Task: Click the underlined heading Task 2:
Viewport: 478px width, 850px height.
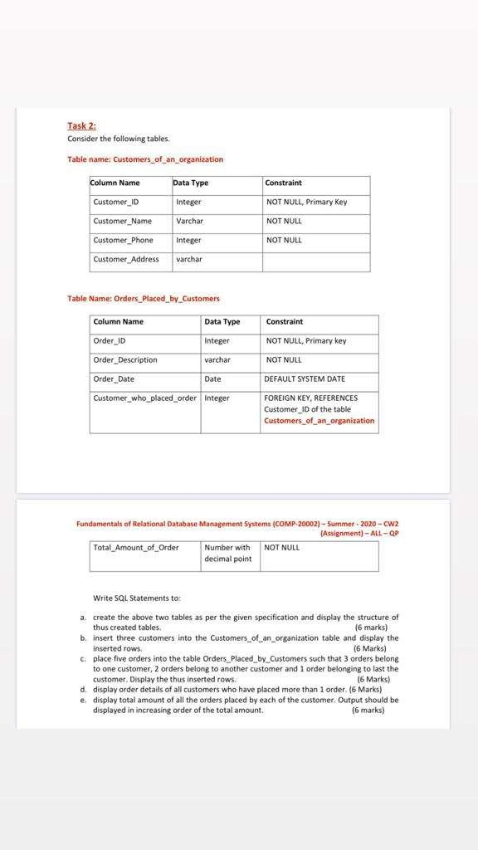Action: [81, 125]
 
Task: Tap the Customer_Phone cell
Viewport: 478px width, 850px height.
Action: [123, 240]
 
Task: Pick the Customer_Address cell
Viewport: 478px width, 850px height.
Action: [126, 259]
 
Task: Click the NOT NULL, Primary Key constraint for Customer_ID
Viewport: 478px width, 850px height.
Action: [306, 202]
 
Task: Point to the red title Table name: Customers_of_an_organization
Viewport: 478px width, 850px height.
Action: [145, 159]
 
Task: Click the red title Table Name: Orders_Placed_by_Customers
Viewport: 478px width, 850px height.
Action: [144, 298]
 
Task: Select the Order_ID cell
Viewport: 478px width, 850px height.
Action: [110, 340]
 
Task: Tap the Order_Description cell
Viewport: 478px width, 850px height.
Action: [125, 359]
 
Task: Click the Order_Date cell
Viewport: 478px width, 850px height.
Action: [114, 379]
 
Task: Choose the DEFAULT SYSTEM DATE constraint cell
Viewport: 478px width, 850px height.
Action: [305, 379]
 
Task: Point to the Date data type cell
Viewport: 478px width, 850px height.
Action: [212, 379]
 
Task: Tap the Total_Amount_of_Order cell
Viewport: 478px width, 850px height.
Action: [136, 547]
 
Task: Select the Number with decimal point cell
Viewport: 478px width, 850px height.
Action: [227, 553]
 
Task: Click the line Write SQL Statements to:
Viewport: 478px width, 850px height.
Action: [137, 598]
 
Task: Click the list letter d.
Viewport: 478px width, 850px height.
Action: [83, 689]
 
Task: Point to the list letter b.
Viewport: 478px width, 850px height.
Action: [83, 638]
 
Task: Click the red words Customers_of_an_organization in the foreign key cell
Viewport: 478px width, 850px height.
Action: [319, 420]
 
